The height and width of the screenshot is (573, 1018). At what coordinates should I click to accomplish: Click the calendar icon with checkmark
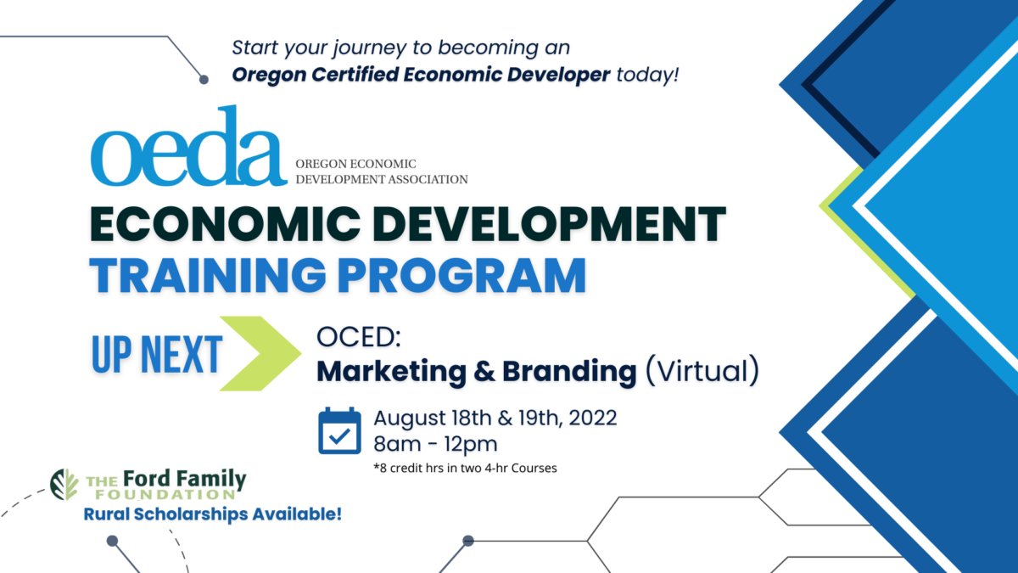coord(339,431)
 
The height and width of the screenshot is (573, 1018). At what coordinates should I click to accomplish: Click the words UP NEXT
coord(156,355)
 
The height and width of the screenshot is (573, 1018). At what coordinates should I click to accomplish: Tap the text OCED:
coord(357,337)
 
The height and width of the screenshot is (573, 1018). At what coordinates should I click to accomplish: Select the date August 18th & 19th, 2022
coord(495,419)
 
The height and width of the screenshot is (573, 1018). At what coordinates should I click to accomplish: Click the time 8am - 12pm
coord(435,444)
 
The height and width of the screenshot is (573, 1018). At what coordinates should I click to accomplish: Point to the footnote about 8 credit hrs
coord(465,468)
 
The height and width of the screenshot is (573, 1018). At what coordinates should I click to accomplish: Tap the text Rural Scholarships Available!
coord(212,514)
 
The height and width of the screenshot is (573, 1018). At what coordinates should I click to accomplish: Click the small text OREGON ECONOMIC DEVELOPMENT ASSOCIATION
coord(381,171)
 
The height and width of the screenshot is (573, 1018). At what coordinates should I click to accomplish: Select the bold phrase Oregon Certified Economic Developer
coord(421,75)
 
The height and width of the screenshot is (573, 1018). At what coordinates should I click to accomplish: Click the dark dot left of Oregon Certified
coord(204,80)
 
